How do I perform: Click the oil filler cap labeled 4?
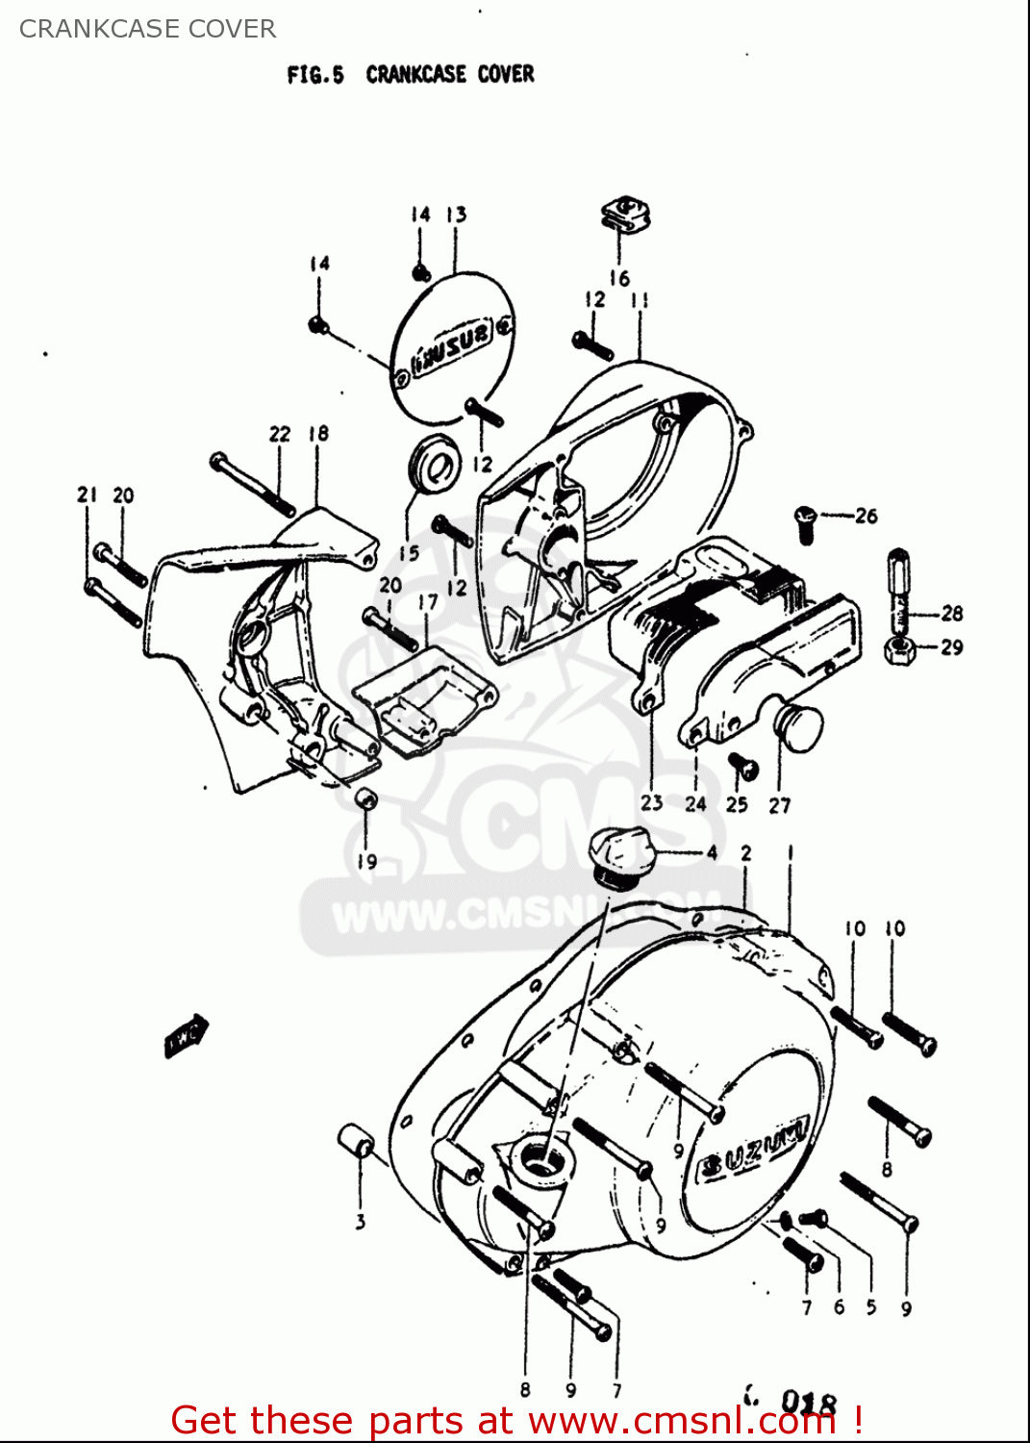(621, 856)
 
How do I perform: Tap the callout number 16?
(619, 278)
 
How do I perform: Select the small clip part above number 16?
(626, 215)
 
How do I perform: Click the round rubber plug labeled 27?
(798, 728)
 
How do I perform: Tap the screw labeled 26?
(806, 522)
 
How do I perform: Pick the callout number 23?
(652, 802)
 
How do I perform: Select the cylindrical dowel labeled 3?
(357, 1141)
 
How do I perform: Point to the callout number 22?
(280, 434)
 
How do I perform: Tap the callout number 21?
(88, 494)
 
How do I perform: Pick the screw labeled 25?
(742, 768)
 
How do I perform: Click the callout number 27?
(780, 805)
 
